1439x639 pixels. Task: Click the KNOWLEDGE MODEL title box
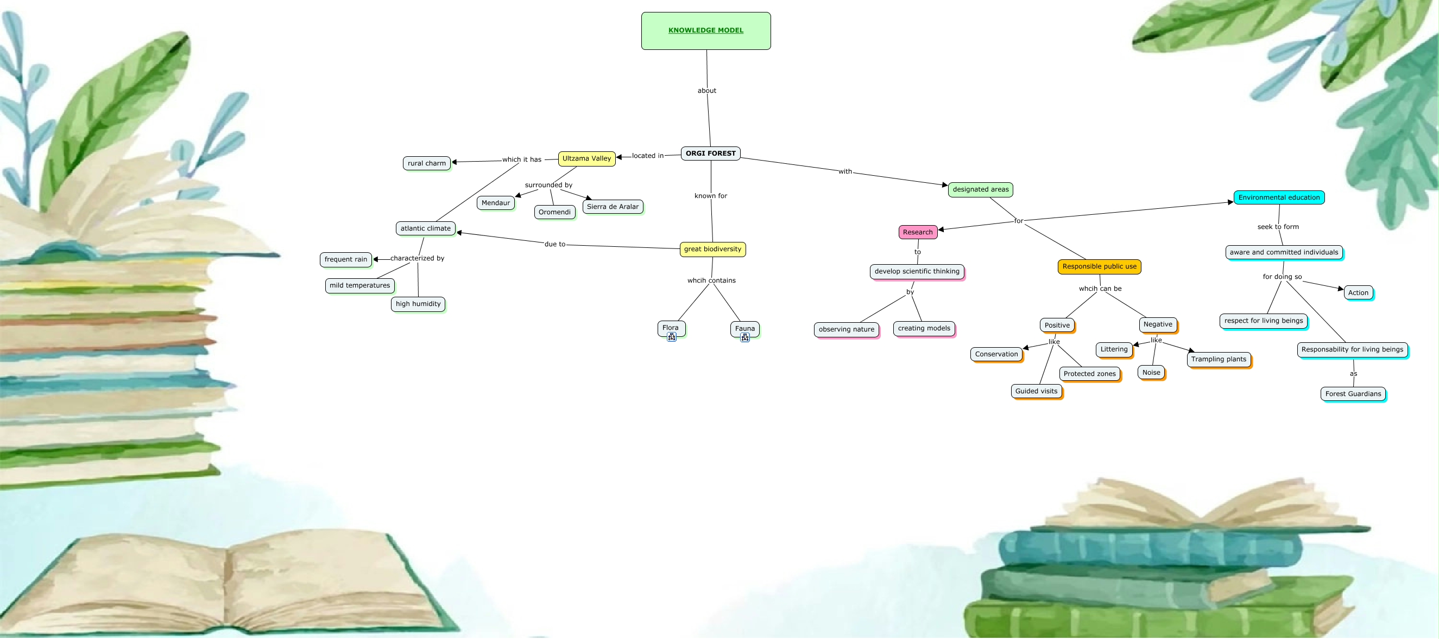705,31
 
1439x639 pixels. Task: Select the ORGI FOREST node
711,154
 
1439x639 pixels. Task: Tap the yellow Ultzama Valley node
586,158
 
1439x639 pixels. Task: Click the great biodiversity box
712,249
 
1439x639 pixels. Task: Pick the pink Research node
917,232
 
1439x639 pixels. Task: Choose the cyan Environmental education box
1279,197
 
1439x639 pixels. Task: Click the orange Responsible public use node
1099,267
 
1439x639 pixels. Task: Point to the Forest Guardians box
1353,394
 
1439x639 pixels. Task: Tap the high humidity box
418,304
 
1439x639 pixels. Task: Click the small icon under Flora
672,337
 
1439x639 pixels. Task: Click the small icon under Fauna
744,337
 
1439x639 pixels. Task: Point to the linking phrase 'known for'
711,196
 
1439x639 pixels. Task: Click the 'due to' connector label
555,245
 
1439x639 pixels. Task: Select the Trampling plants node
1219,360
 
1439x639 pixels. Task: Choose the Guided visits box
1036,391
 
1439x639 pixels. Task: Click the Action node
1358,293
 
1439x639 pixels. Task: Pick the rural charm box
426,163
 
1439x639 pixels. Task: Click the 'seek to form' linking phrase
1278,227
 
